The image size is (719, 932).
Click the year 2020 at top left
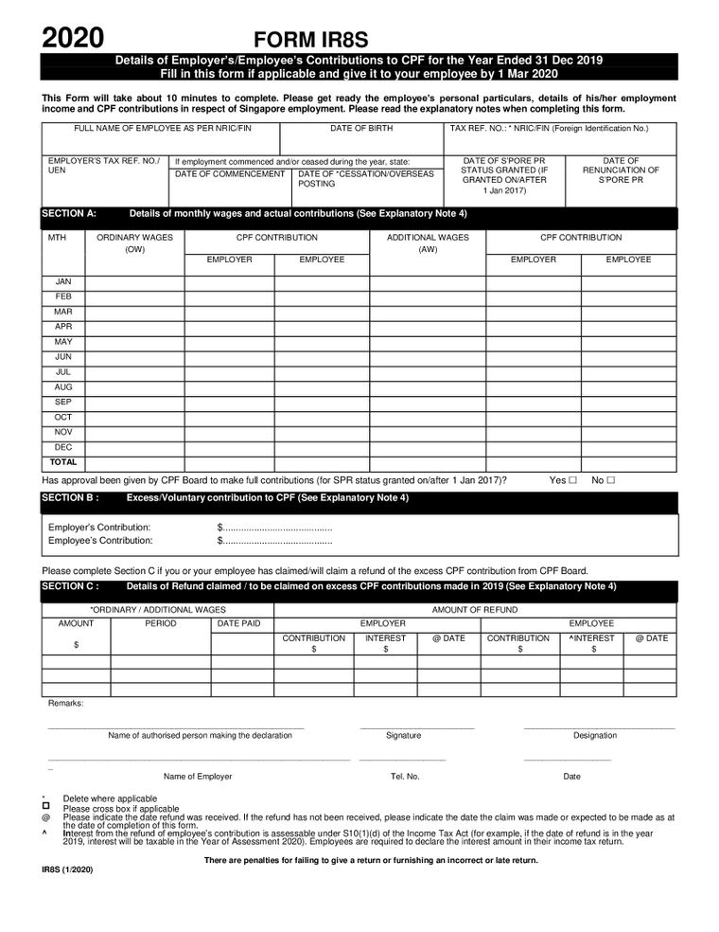coord(72,38)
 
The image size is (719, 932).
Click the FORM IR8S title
coord(310,39)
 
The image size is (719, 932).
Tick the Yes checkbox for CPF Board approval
coord(574,480)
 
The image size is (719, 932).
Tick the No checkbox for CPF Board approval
coord(611,480)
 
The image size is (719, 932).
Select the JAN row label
coord(63,282)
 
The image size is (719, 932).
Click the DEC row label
coord(63,447)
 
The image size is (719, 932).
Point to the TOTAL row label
coord(63,462)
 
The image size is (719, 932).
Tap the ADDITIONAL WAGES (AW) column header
coord(428,243)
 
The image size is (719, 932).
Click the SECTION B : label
coord(70,497)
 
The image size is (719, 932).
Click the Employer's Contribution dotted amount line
coord(275,527)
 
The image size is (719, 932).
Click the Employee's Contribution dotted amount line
coord(275,541)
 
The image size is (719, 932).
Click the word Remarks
coord(65,704)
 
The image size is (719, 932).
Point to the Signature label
coord(404,735)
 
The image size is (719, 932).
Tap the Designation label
coord(594,735)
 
